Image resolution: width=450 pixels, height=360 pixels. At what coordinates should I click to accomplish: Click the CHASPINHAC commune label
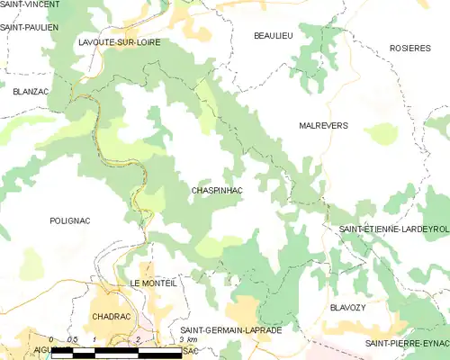pyautogui.click(x=217, y=191)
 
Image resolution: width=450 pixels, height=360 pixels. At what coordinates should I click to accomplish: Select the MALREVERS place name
pyautogui.click(x=322, y=127)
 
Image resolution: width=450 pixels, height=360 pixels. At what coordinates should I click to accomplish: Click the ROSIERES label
pyautogui.click(x=409, y=47)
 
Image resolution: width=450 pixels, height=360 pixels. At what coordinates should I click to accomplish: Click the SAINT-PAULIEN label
pyautogui.click(x=30, y=28)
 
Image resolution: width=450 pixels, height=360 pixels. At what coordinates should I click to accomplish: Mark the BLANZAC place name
pyautogui.click(x=31, y=91)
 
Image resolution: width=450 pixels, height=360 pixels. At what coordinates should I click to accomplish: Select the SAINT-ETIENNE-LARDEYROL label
pyautogui.click(x=393, y=230)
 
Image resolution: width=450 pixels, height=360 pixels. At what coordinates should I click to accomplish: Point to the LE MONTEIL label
pyautogui.click(x=153, y=283)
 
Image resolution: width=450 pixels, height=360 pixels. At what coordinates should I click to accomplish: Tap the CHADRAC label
pyautogui.click(x=112, y=316)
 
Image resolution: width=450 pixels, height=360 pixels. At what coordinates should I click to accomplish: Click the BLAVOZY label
pyautogui.click(x=349, y=307)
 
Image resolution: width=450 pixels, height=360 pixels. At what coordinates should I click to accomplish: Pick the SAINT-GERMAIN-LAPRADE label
pyautogui.click(x=230, y=330)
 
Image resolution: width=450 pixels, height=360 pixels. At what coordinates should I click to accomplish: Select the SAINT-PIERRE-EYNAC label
pyautogui.click(x=407, y=344)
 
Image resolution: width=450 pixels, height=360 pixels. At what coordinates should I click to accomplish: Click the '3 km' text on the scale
pyautogui.click(x=188, y=339)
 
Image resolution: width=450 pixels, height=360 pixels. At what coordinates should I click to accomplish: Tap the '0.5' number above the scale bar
pyautogui.click(x=74, y=339)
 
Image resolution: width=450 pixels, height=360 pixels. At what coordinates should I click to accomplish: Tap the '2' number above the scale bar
pyautogui.click(x=138, y=339)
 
